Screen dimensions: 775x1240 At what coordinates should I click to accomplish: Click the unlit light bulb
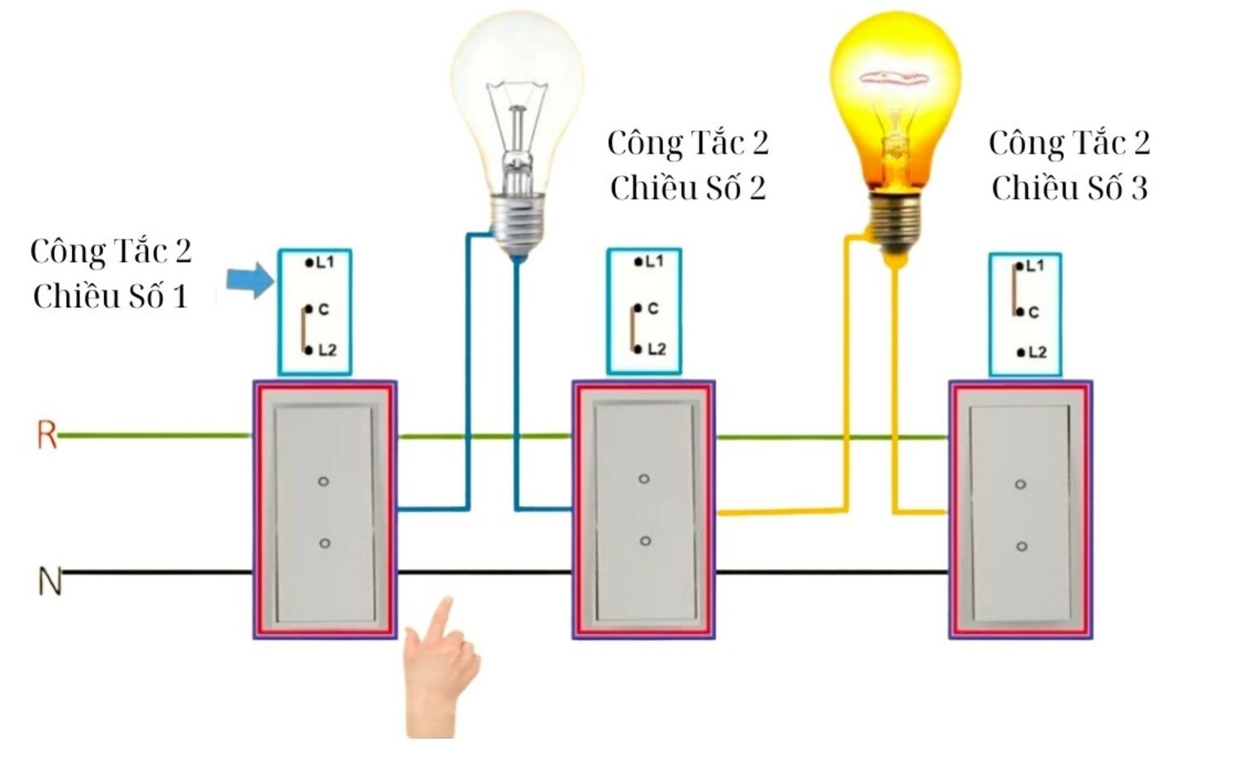(517, 124)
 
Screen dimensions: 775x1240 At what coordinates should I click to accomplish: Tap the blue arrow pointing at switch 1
(250, 280)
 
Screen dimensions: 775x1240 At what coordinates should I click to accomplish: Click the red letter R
(46, 435)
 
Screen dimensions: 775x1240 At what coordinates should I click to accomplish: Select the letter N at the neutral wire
(50, 581)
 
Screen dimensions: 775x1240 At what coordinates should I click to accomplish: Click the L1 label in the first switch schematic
(325, 262)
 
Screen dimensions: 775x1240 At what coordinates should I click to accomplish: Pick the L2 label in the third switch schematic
(1037, 352)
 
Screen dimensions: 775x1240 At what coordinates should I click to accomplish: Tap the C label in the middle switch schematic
(653, 309)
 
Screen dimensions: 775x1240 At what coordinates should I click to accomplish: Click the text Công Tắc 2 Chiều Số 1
(111, 274)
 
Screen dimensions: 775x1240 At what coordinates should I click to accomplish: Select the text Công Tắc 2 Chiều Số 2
(688, 165)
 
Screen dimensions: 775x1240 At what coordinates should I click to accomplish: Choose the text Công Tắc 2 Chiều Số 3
(1069, 165)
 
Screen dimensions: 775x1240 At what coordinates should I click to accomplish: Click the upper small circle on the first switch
(323, 481)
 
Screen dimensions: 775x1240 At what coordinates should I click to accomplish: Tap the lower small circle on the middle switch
(645, 541)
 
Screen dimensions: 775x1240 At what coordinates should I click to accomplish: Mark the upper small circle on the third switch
(1020, 484)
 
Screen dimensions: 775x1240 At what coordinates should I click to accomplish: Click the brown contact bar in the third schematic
(1014, 289)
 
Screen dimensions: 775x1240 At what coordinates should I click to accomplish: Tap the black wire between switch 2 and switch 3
(831, 572)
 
